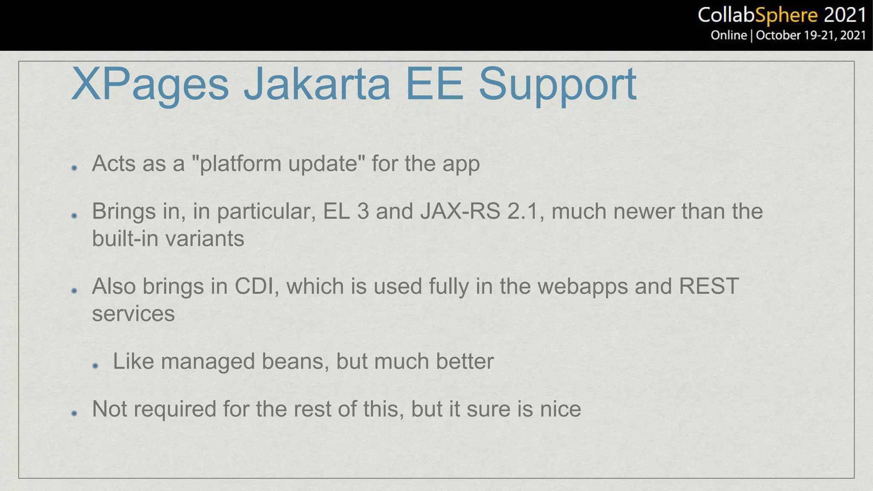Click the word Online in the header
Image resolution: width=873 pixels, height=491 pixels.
[x=728, y=35]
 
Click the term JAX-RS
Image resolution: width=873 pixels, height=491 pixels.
[x=460, y=211]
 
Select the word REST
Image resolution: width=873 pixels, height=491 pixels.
[x=708, y=286]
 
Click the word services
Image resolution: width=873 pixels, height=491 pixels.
[x=133, y=314]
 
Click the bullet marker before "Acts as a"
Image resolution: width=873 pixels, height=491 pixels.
[x=74, y=168]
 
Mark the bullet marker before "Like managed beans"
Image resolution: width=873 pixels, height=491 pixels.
[x=95, y=366]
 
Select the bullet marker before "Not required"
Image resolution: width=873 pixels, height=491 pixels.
[x=74, y=413]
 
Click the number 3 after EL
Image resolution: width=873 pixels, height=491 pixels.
[x=363, y=211]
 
